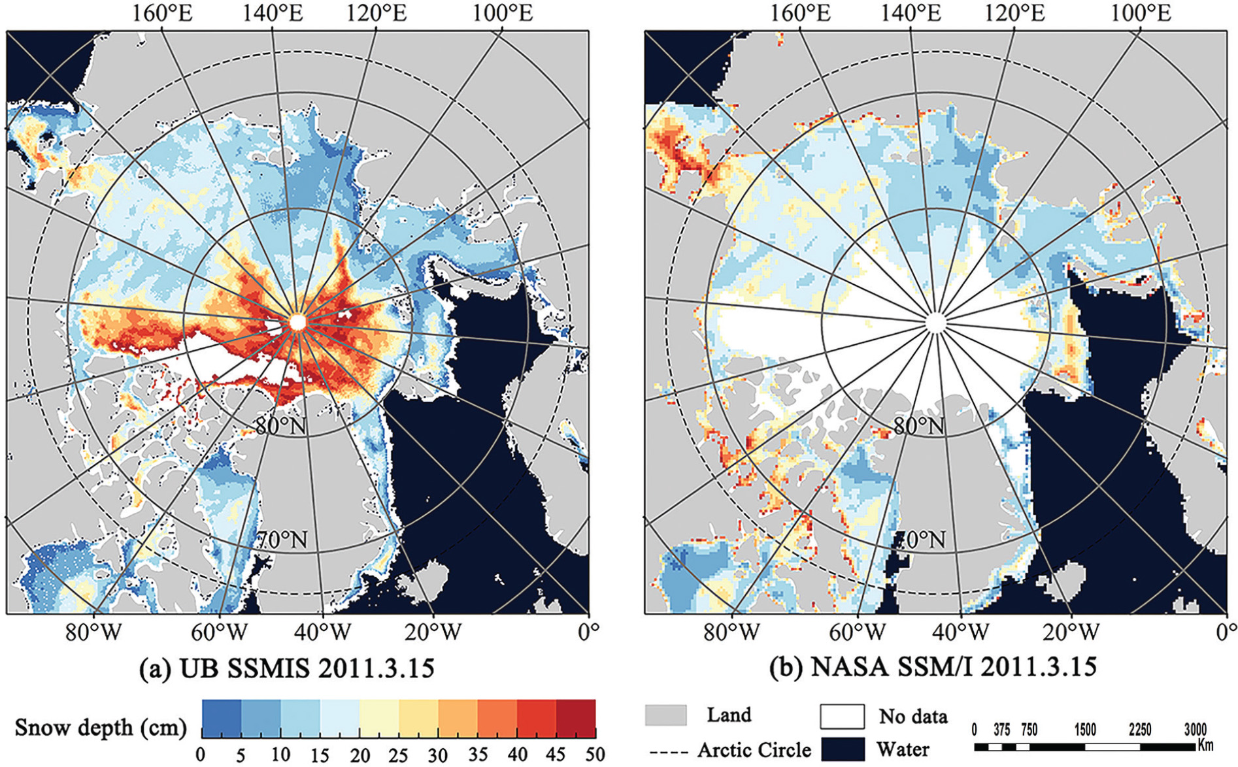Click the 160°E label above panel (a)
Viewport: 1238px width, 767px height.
163,13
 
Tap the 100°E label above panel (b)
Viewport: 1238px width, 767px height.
1141,13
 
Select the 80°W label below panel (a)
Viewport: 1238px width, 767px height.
93,632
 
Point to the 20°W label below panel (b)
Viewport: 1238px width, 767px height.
1071,632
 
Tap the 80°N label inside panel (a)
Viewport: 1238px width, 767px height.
281,426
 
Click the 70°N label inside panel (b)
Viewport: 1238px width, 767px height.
919,540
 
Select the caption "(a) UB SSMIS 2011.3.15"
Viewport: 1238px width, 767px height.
287,668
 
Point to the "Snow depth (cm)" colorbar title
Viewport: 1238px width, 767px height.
101,727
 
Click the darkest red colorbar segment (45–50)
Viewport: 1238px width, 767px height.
576,719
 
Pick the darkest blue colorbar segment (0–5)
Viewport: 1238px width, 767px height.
222,719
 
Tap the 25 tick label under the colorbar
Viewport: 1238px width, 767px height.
398,755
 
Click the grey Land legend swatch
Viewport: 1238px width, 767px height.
665,715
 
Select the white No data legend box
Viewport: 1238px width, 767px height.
843,716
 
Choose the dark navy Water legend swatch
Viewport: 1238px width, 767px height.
843,749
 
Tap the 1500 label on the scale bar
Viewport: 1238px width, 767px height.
1084,729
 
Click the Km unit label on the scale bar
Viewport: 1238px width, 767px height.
1206,744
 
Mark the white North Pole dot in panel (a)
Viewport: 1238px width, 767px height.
297,322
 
